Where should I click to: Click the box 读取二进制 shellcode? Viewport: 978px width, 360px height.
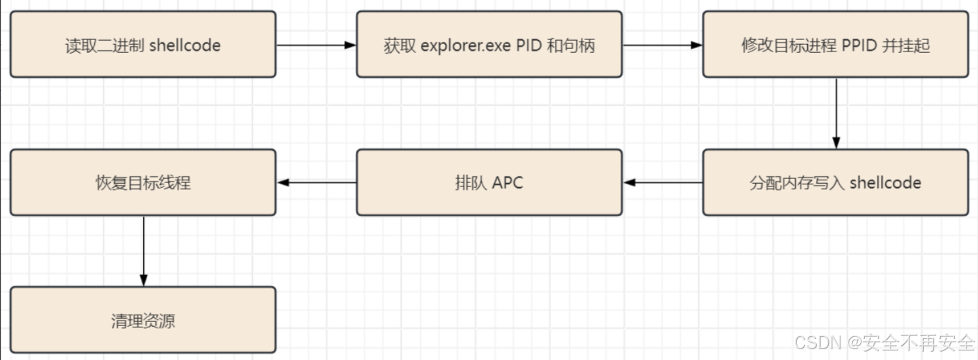143,44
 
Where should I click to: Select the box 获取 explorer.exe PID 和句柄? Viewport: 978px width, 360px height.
489,44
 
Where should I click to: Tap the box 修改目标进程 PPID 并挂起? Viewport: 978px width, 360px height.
835,44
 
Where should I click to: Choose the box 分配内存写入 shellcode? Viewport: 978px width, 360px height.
835,182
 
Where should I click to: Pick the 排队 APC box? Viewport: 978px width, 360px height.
489,182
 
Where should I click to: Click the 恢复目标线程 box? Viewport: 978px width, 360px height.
143,182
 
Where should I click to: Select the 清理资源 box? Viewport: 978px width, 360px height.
143,319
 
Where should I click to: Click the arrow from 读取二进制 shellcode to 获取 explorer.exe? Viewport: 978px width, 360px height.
316,45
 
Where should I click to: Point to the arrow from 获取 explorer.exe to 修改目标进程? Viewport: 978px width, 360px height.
662,45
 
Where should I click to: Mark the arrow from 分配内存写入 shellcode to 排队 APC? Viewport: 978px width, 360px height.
662,182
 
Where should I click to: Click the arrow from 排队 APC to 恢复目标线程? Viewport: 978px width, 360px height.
317,182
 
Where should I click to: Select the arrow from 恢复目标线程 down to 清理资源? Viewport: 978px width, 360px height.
143,251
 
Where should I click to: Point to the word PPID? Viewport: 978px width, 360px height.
860,46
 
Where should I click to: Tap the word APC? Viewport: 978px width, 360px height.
507,183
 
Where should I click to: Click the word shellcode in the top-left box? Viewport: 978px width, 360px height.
184,46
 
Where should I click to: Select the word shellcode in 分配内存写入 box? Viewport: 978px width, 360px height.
885,183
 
